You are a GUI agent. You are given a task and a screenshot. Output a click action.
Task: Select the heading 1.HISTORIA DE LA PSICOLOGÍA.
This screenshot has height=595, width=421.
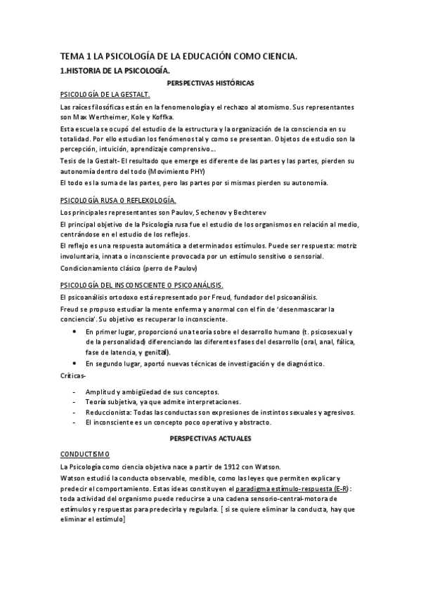(115, 71)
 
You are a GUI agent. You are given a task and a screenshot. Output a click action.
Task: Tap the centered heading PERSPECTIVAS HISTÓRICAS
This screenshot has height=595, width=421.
(210, 83)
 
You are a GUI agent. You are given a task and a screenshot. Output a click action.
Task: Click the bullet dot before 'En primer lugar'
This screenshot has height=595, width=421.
(75, 331)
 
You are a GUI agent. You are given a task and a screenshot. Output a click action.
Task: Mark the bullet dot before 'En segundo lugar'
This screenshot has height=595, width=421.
(75, 363)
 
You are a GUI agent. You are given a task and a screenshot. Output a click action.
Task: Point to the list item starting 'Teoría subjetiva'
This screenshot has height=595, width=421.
(162, 402)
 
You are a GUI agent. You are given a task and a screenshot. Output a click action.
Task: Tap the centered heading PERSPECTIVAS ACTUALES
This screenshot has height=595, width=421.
(211, 438)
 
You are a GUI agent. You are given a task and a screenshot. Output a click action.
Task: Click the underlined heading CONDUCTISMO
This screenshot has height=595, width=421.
(84, 453)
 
